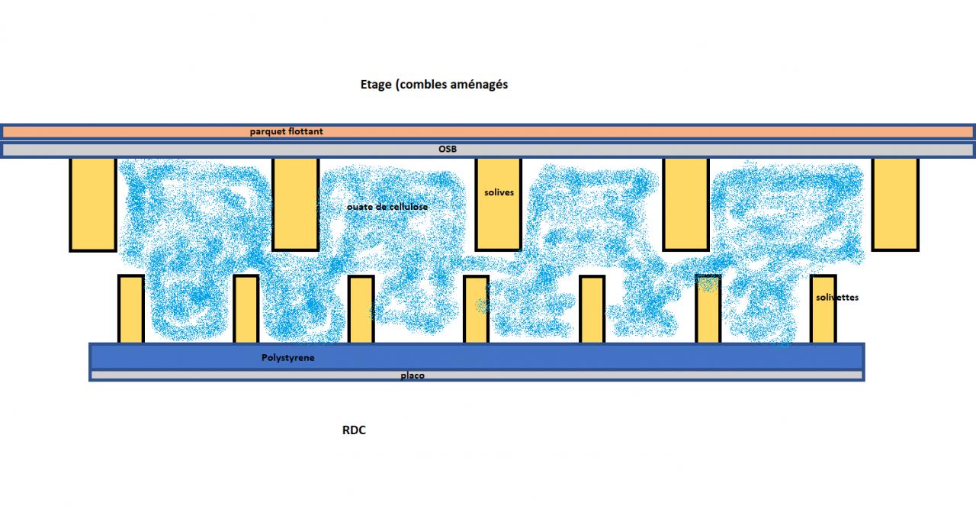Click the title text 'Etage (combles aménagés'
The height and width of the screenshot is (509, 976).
pos(434,85)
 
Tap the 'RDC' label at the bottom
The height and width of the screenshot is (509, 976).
pos(354,430)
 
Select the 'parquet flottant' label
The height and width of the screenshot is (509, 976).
pos(286,131)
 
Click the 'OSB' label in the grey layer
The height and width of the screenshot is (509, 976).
pos(447,149)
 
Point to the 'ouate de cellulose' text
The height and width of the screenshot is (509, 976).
pos(387,207)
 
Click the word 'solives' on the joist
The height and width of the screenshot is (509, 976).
pos(499,192)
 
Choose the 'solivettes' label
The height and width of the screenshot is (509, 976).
pos(836,298)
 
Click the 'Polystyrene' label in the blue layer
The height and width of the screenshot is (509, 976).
pos(288,357)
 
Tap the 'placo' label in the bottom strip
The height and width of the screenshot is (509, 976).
pos(413,375)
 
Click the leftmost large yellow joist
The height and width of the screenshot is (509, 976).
pos(93,204)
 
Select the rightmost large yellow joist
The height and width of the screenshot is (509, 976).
pos(894,204)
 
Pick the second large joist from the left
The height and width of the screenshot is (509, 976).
pos(295,204)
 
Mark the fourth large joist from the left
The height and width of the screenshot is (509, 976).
pos(685,204)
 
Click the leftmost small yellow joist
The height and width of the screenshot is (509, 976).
pos(131,309)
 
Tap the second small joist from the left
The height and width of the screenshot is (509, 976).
pos(246,309)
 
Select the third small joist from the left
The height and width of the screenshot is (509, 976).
pos(361,309)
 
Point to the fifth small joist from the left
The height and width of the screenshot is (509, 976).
pos(592,309)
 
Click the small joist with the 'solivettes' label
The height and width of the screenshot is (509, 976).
pos(823,321)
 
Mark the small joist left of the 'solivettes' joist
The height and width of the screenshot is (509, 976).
pos(708,309)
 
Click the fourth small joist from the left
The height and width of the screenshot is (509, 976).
pos(476,309)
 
